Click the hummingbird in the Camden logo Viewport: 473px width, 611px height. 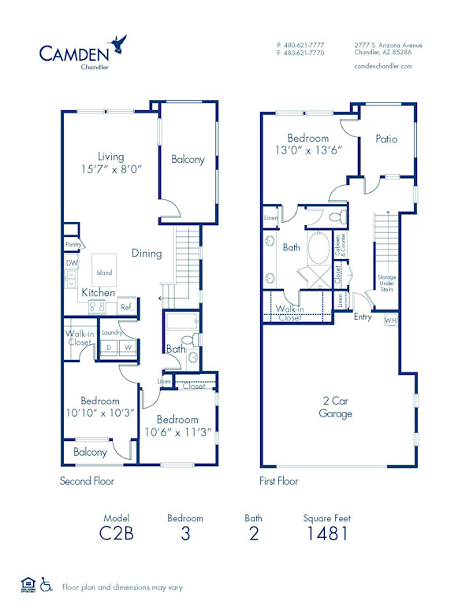[x=119, y=42]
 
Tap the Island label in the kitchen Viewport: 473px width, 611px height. [x=104, y=272]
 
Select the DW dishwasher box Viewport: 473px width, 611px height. [x=71, y=263]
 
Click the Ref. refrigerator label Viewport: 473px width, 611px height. [x=126, y=308]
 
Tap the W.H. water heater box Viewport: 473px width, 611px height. [x=390, y=321]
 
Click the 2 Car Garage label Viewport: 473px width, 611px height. [x=335, y=407]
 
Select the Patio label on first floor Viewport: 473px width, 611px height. [x=386, y=139]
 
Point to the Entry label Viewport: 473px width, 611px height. [x=363, y=317]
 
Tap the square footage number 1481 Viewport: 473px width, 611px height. [x=326, y=533]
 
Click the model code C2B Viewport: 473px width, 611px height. [x=115, y=533]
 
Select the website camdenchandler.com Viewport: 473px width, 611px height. [x=384, y=67]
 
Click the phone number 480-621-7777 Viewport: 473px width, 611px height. [x=300, y=46]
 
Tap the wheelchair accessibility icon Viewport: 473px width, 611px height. [x=47, y=585]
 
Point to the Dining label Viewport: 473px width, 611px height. [x=147, y=254]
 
